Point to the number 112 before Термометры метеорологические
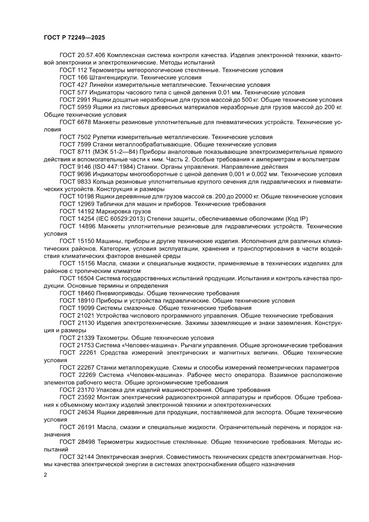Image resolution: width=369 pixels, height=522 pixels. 80,70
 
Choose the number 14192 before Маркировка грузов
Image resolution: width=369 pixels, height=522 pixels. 84,211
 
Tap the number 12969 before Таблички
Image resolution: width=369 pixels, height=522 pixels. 84,204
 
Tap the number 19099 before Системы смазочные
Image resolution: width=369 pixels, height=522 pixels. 84,308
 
